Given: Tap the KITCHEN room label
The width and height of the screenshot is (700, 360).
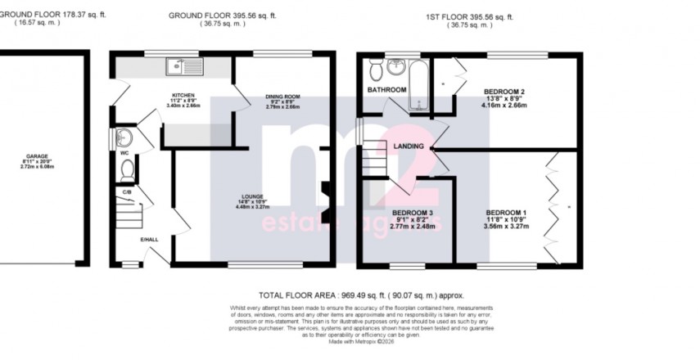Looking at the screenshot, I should (183, 95).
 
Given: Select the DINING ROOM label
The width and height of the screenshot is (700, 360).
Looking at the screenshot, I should (280, 97).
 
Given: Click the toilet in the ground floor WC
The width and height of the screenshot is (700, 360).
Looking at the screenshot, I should (127, 169).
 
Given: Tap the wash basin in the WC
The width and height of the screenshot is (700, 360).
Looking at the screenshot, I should (124, 136).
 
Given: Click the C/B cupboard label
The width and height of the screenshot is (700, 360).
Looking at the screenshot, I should (127, 192).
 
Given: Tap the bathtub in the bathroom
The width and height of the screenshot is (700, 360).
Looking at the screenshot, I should (418, 83).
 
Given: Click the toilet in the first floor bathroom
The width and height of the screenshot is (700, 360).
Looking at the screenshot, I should (376, 66).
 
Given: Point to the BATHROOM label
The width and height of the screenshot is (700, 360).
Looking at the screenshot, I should (386, 90).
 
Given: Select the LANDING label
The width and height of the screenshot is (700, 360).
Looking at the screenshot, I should (409, 146).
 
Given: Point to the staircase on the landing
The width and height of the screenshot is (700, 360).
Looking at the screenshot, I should (377, 155).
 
